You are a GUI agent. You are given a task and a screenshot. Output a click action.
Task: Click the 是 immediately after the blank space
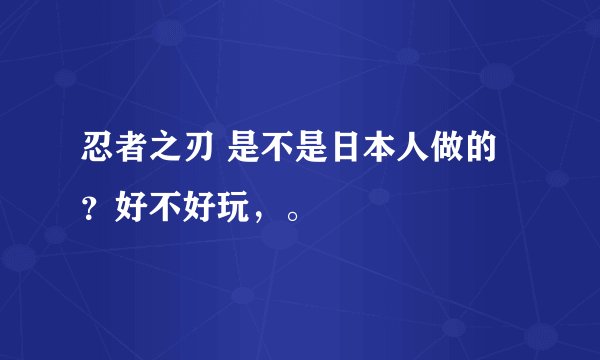[x=244, y=153]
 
